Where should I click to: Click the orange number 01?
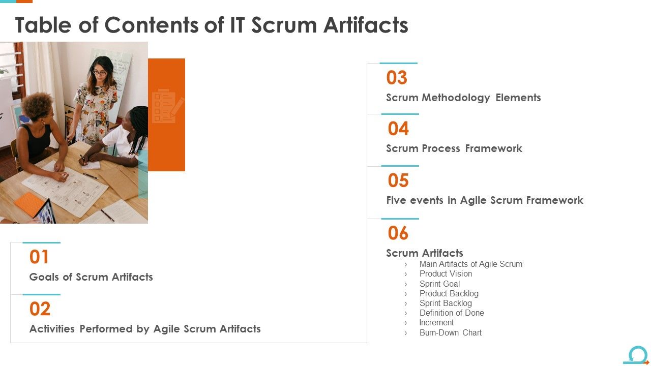39,257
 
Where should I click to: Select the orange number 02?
40,309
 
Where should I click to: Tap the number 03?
397,78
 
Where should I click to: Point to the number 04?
398,129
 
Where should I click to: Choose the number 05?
398,181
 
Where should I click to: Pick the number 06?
398,233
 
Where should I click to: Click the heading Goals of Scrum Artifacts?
91,277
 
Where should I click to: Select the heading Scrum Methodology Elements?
463,98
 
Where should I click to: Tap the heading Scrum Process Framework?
454,148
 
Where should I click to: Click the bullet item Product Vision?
446,274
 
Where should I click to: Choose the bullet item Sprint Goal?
439,284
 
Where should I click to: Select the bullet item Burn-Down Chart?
450,333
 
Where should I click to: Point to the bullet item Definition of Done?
452,313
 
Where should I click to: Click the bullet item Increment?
436,323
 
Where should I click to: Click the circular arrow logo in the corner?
637,355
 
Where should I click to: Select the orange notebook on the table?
29,203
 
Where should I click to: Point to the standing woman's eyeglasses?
99,73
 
